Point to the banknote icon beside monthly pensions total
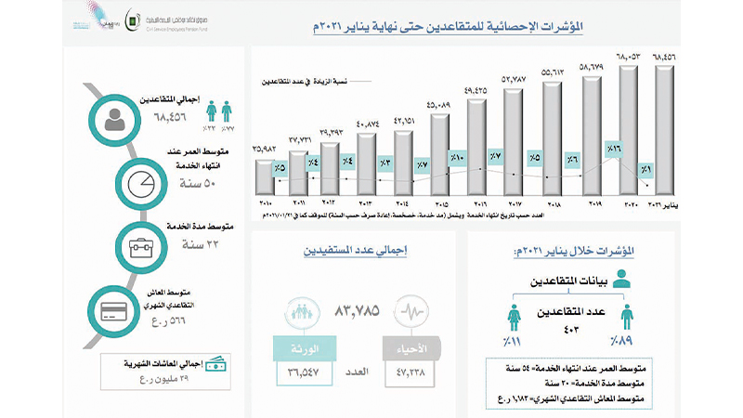pos(215,360)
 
